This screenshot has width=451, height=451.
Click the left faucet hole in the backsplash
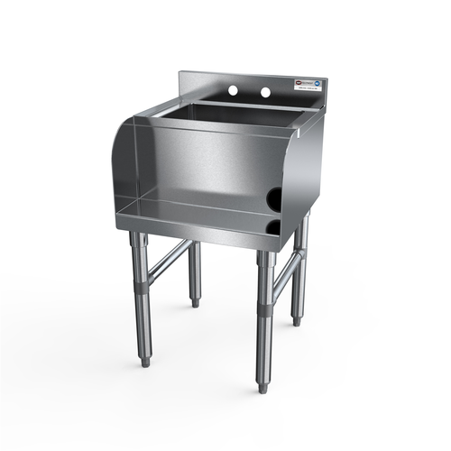(x=233, y=91)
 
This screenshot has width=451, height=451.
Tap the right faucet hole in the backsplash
(x=266, y=93)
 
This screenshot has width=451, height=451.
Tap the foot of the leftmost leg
(x=144, y=362)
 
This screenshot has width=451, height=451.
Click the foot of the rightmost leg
(x=296, y=320)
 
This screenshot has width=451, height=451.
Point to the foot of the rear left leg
(x=195, y=303)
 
